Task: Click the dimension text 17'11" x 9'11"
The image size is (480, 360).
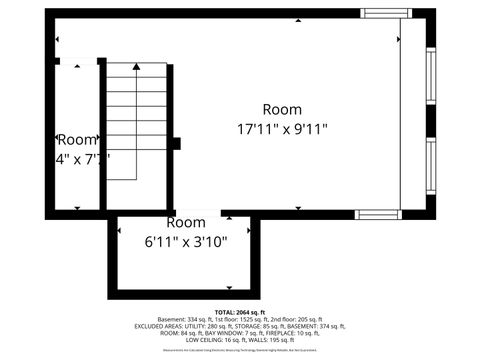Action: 282,128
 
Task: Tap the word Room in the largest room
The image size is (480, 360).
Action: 282,109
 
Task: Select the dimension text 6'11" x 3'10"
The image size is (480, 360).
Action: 186,241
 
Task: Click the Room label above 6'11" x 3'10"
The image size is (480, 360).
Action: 186,222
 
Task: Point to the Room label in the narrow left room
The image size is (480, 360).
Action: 77,140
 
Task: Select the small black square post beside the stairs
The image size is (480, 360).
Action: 175,143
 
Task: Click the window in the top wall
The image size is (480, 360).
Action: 386,14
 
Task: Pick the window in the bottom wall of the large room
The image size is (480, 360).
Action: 379,214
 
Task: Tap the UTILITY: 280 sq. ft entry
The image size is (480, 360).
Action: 204,326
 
